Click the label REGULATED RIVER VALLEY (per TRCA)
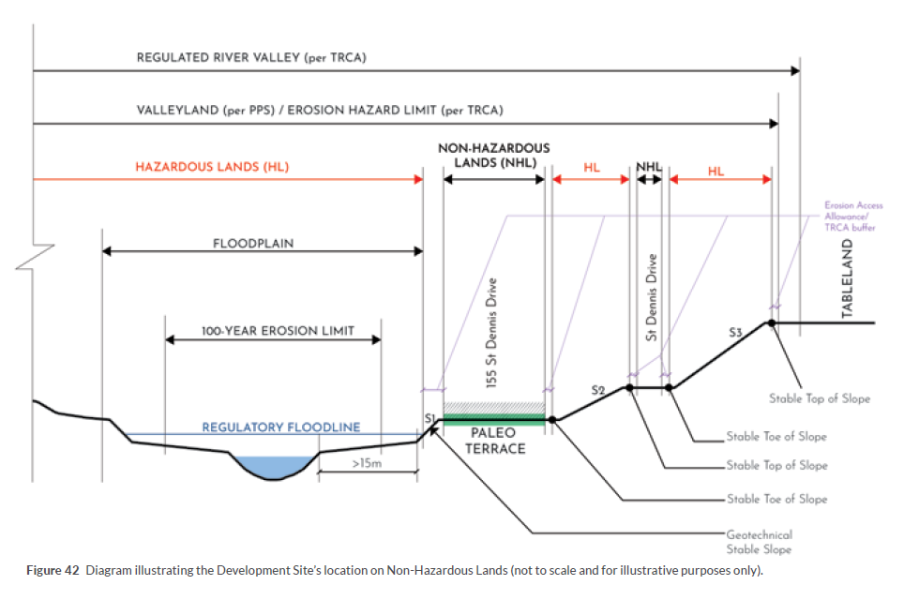click(251, 58)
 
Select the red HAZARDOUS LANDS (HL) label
click(213, 167)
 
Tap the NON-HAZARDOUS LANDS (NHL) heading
click(494, 155)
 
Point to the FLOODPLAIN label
click(253, 244)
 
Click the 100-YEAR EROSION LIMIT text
click(279, 331)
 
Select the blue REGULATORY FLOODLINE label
click(281, 427)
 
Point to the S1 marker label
click(429, 418)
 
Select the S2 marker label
click(599, 389)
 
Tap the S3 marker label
click(735, 332)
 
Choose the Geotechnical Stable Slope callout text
click(759, 542)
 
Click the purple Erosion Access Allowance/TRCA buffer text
click(853, 217)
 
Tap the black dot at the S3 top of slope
click(772, 322)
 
